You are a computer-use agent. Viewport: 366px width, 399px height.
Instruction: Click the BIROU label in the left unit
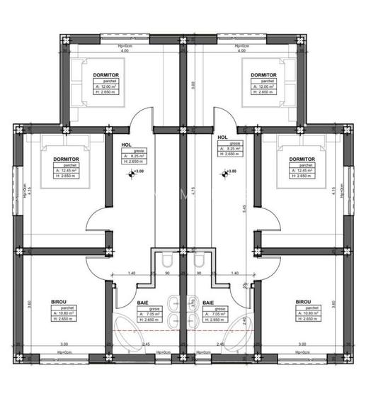(60, 303)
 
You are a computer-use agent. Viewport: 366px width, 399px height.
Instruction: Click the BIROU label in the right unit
(305, 303)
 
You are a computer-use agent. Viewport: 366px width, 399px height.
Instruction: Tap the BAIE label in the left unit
(142, 303)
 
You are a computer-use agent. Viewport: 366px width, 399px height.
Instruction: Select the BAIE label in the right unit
(209, 303)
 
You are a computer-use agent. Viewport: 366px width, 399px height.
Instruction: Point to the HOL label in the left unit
(127, 145)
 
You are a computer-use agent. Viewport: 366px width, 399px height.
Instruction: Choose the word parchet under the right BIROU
(305, 308)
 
